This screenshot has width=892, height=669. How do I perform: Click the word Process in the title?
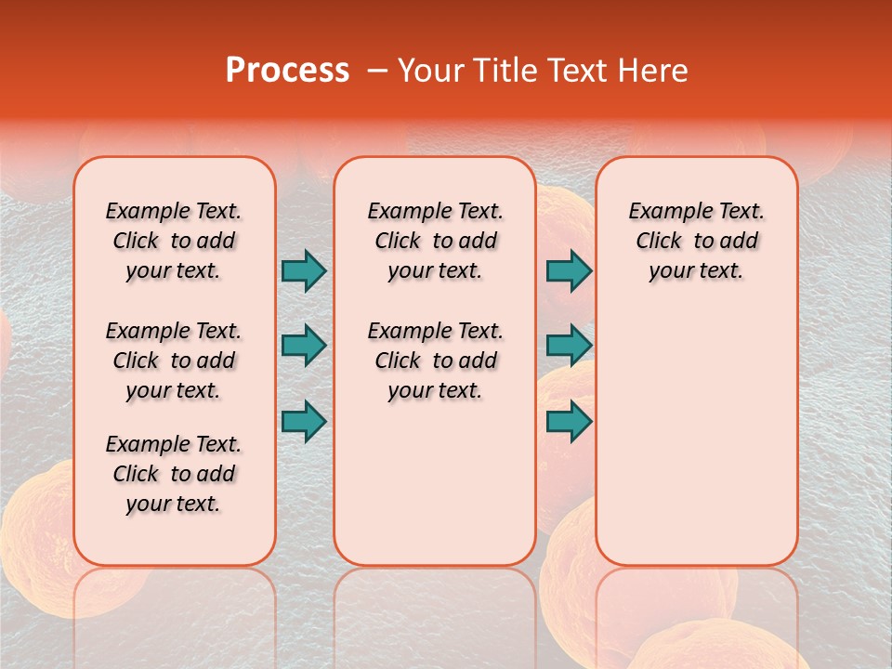click(x=287, y=71)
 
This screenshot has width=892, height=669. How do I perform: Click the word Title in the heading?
click(x=503, y=71)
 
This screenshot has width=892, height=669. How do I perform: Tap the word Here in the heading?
click(x=653, y=71)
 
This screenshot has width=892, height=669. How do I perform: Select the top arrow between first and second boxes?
click(x=304, y=270)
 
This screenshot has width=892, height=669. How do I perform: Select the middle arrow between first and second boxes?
click(x=304, y=346)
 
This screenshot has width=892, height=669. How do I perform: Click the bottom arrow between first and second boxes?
click(x=304, y=421)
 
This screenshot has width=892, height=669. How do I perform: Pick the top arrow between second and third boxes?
click(x=569, y=270)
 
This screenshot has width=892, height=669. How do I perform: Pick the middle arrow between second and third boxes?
click(x=569, y=346)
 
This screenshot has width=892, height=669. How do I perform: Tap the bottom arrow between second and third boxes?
click(x=569, y=421)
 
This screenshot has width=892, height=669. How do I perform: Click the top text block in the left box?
click(x=174, y=241)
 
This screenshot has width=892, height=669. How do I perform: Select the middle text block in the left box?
click(x=174, y=361)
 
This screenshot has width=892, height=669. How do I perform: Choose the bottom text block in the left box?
click(x=174, y=474)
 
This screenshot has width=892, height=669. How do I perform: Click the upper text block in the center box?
click(x=435, y=241)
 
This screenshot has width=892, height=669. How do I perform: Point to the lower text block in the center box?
click(x=435, y=361)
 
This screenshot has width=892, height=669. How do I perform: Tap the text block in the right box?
click(x=696, y=241)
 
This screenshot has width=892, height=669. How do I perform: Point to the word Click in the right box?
click(x=659, y=242)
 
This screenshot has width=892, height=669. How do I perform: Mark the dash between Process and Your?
click(x=377, y=71)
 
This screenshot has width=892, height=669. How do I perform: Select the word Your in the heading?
click(x=431, y=71)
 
